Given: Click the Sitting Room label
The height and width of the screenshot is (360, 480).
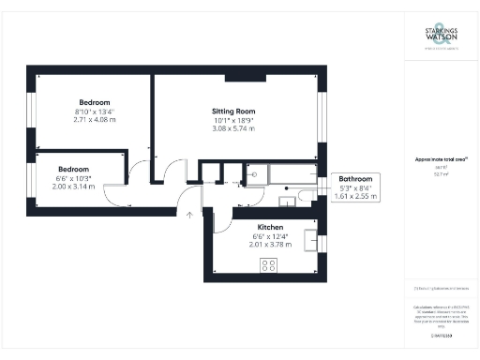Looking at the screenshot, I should pyautogui.click(x=233, y=111).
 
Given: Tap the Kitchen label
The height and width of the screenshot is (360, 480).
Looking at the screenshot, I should pyautogui.click(x=270, y=227).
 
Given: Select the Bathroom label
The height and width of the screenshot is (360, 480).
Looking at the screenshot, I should pyautogui.click(x=355, y=178).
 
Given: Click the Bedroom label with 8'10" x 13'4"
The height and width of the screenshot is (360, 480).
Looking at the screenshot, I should pyautogui.click(x=95, y=102).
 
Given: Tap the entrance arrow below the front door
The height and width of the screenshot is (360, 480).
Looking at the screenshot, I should pyautogui.click(x=190, y=216).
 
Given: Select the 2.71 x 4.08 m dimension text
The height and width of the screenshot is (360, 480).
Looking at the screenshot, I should pyautogui.click(x=95, y=120).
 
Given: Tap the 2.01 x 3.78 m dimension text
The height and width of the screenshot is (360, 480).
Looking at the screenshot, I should pyautogui.click(x=270, y=244).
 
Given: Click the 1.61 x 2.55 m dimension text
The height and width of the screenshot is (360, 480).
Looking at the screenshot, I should pyautogui.click(x=355, y=196).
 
